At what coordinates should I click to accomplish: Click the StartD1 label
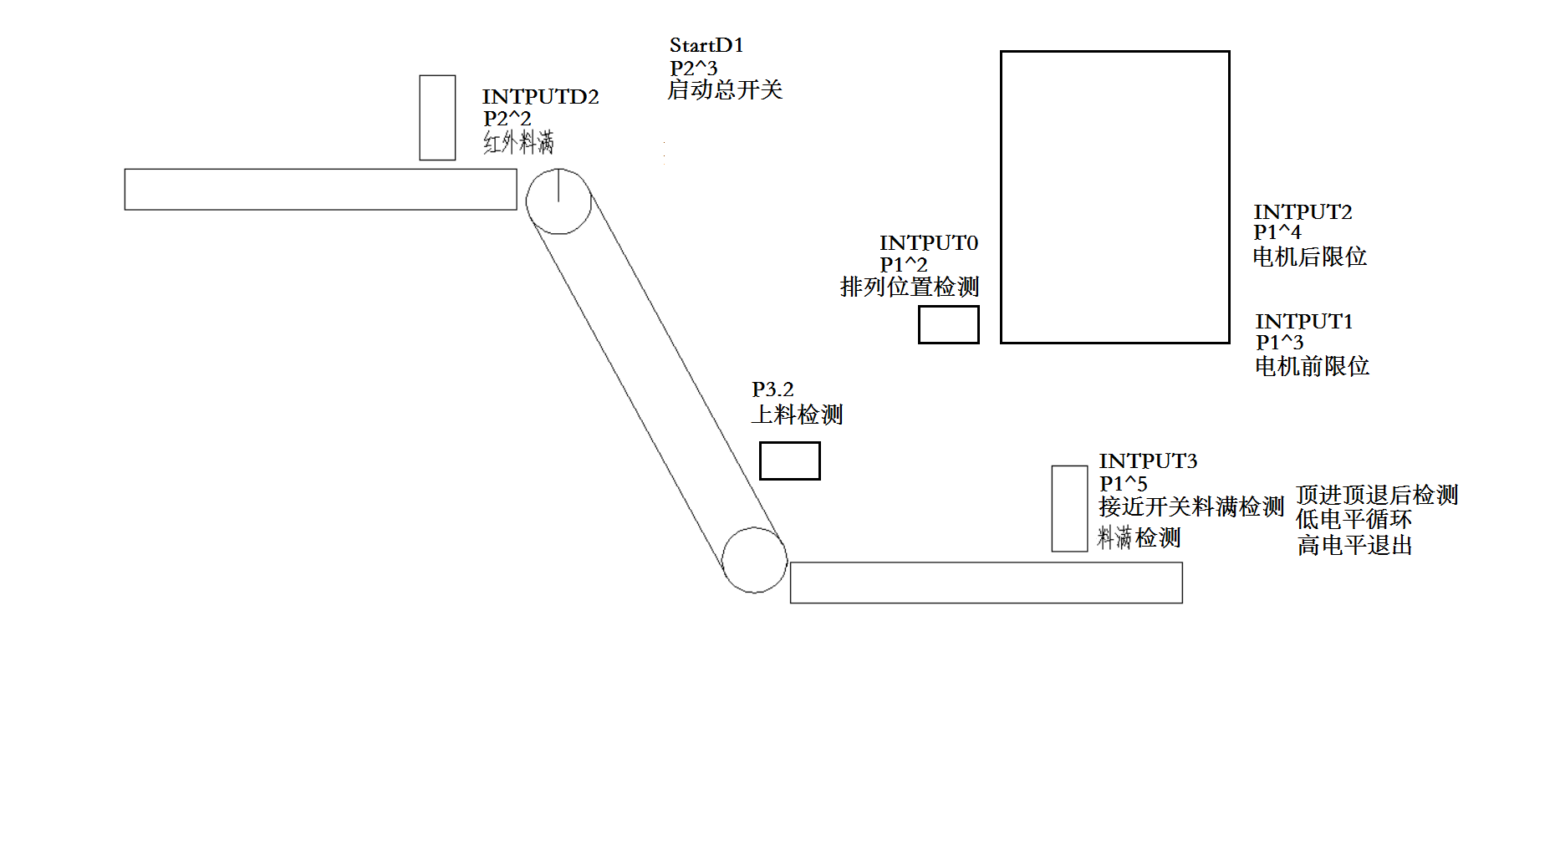point(706,45)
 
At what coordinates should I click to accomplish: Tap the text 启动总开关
point(725,90)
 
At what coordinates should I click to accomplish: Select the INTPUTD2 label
point(540,97)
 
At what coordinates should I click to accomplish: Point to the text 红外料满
point(518,143)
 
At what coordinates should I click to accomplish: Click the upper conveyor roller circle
point(558,201)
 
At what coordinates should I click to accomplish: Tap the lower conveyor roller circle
point(754,560)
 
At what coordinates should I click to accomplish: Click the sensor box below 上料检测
point(789,460)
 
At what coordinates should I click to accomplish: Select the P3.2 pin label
point(772,389)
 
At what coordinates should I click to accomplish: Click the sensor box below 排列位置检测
point(948,324)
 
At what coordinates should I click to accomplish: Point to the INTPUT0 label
point(928,243)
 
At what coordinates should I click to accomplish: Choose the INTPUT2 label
point(1303,212)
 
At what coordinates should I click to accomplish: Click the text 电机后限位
point(1309,257)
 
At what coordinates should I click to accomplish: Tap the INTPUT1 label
point(1303,322)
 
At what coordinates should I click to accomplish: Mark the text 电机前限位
point(1312,366)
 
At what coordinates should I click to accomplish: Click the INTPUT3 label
point(1148,461)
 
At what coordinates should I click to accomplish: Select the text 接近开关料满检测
point(1190,506)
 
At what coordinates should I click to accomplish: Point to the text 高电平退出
point(1354,546)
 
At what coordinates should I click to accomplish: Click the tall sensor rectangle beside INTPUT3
point(1069,508)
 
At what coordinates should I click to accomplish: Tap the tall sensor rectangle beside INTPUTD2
point(437,117)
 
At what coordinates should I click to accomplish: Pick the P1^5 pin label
point(1123,484)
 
